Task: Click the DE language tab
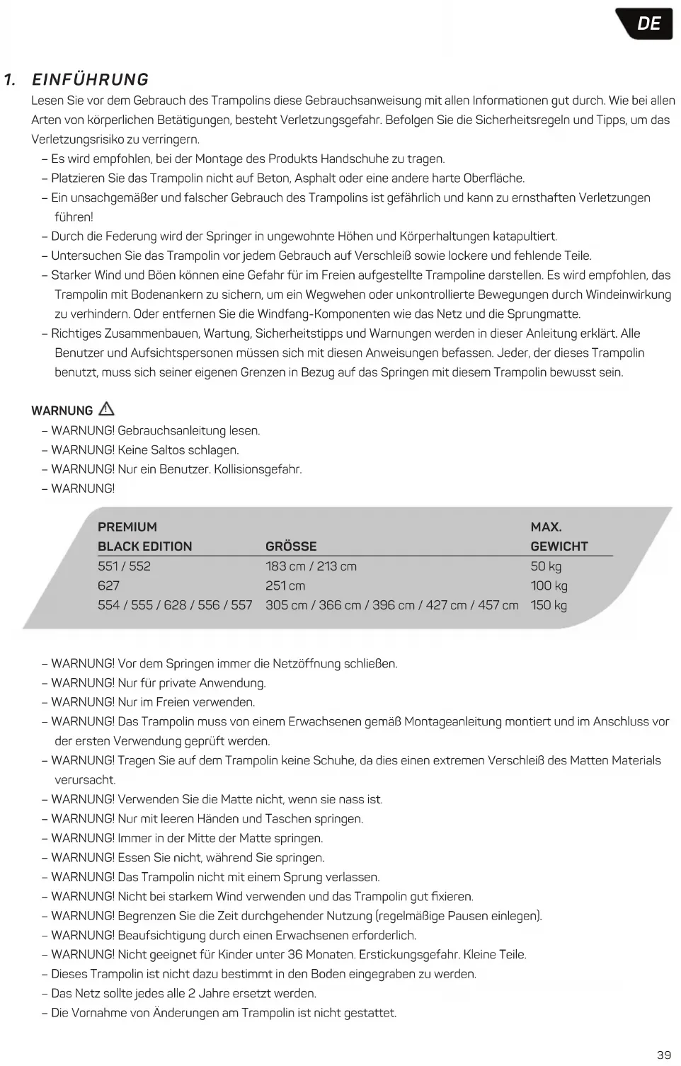click(648, 23)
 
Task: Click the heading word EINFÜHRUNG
click(91, 79)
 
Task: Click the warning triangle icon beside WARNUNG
click(106, 408)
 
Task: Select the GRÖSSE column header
click(291, 546)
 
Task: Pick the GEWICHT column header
click(559, 546)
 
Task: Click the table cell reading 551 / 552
click(124, 566)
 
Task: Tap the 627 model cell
click(108, 585)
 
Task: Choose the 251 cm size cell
click(285, 585)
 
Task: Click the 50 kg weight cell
click(546, 566)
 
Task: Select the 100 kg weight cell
click(549, 585)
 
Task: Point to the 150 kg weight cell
click(549, 605)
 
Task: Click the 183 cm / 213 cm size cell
click(311, 566)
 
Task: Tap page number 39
click(664, 1055)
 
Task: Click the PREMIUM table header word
click(127, 527)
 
